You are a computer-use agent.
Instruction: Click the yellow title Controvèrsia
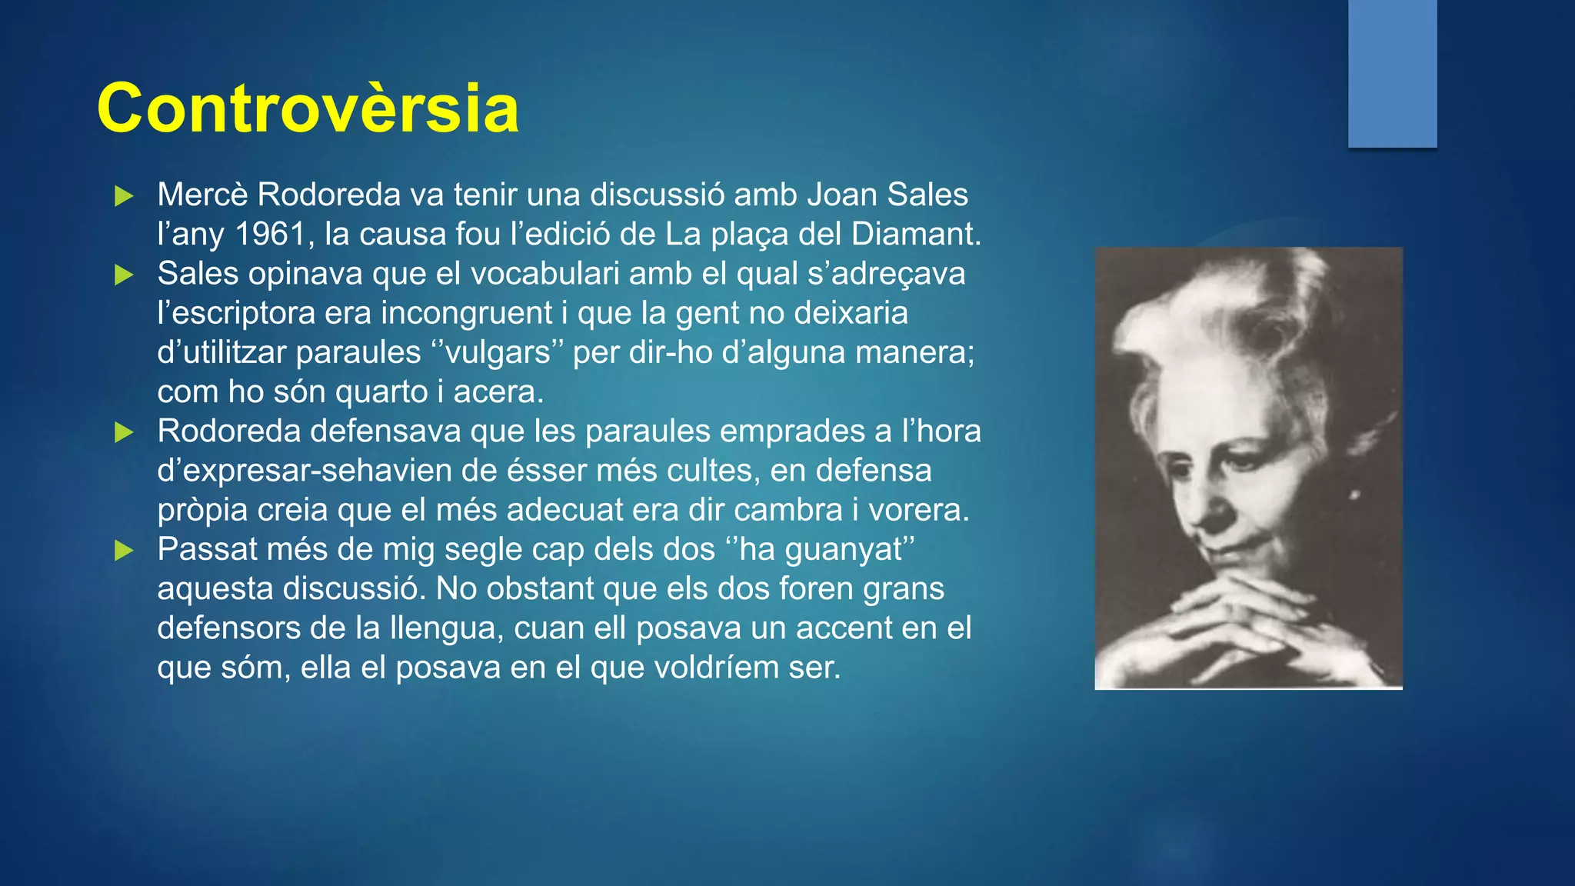pyautogui.click(x=308, y=108)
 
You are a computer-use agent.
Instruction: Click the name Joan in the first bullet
pyautogui.click(x=841, y=195)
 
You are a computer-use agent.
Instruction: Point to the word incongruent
pyautogui.click(x=467, y=314)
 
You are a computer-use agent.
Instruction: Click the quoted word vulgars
pyautogui.click(x=498, y=353)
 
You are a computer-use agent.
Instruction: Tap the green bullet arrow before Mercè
pyautogui.click(x=124, y=196)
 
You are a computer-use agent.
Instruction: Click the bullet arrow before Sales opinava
pyautogui.click(x=124, y=275)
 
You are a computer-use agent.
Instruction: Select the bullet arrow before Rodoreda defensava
pyautogui.click(x=124, y=432)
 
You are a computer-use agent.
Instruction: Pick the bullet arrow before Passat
pyautogui.click(x=124, y=551)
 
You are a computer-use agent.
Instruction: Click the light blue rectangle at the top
pyautogui.click(x=1392, y=73)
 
